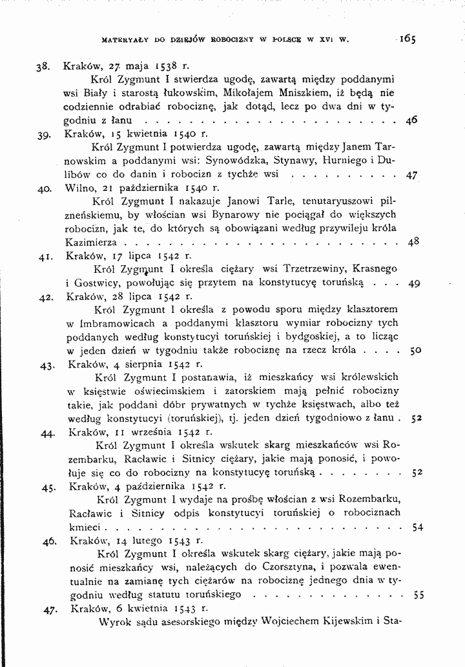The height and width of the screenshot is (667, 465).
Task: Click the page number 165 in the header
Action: coord(407,37)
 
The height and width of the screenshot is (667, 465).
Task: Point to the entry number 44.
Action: coord(46,433)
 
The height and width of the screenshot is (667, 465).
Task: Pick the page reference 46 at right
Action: coord(411,120)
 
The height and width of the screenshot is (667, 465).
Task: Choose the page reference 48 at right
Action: coord(414,243)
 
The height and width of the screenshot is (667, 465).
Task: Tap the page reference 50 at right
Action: coord(415,351)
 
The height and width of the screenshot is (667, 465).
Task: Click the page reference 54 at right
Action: coord(417,527)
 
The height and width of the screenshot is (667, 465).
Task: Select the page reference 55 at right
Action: coord(417,595)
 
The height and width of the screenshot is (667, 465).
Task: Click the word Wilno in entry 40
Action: coord(79,188)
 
